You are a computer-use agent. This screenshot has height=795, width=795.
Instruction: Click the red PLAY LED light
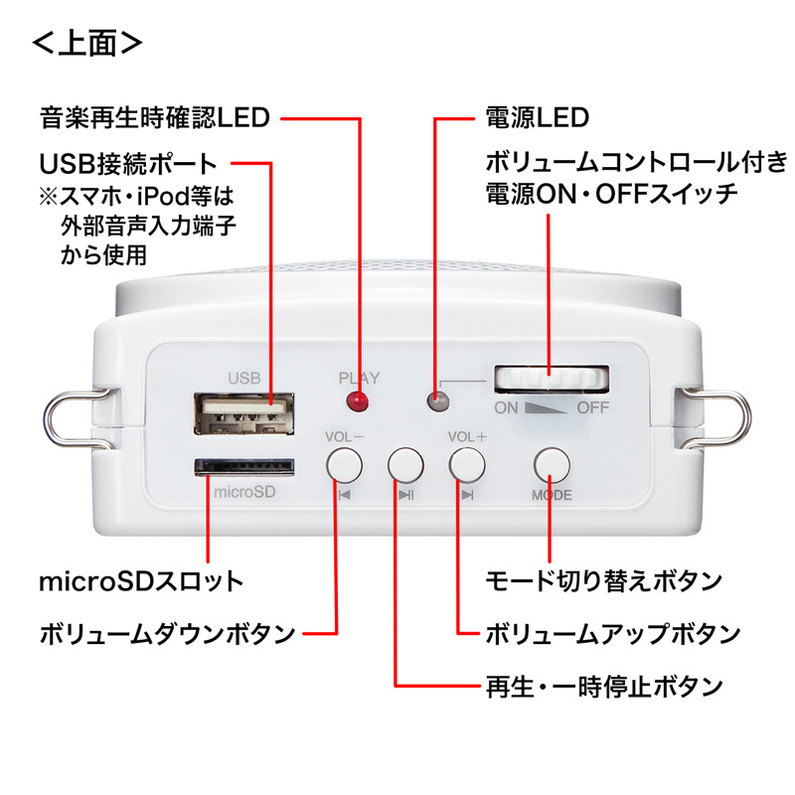356,402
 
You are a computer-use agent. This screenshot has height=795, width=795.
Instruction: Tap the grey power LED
434,401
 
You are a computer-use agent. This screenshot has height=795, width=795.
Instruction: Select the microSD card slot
243,466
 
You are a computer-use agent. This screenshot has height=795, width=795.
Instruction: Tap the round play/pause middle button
405,464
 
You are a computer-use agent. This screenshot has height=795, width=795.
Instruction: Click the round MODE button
552,464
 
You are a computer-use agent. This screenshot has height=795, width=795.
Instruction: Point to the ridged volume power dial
552,379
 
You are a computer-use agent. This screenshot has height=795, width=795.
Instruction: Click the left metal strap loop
71,418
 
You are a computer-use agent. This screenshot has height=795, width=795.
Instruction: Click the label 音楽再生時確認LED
154,119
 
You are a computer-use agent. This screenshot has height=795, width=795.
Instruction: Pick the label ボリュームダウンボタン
167,633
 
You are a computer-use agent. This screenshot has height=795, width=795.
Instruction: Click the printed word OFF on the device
593,408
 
